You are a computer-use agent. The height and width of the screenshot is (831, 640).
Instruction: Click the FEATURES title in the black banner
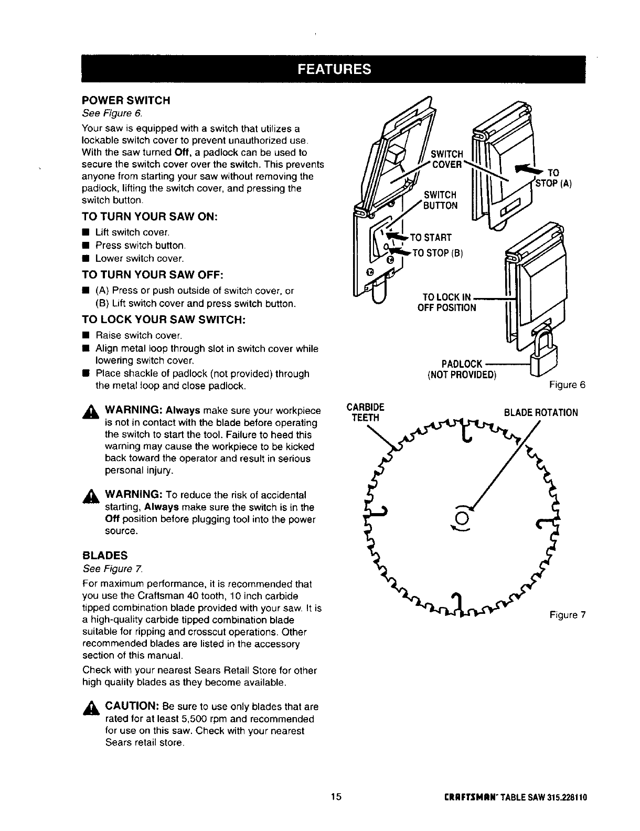pos(334,69)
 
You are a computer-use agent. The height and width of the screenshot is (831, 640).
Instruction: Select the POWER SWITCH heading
pos(126,100)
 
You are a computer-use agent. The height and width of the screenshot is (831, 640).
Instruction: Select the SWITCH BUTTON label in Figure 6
pos(441,200)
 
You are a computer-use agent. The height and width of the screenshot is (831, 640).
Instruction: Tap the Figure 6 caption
pos(567,385)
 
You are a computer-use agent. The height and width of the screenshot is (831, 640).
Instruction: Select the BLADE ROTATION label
pos(540,412)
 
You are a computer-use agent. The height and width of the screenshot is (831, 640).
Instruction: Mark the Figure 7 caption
pos(567,615)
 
